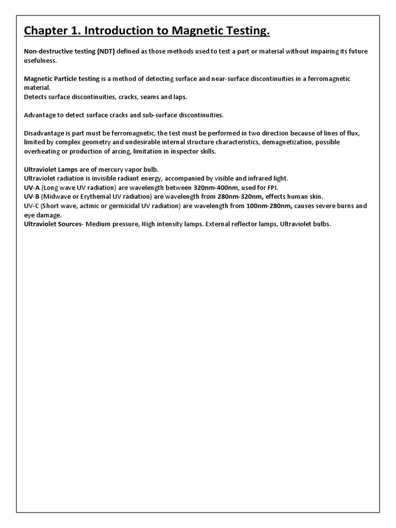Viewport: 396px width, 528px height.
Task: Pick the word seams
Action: pyautogui.click(x=152, y=97)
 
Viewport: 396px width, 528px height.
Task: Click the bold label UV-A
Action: pyautogui.click(x=32, y=187)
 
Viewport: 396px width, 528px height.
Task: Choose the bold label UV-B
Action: pyautogui.click(x=32, y=196)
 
